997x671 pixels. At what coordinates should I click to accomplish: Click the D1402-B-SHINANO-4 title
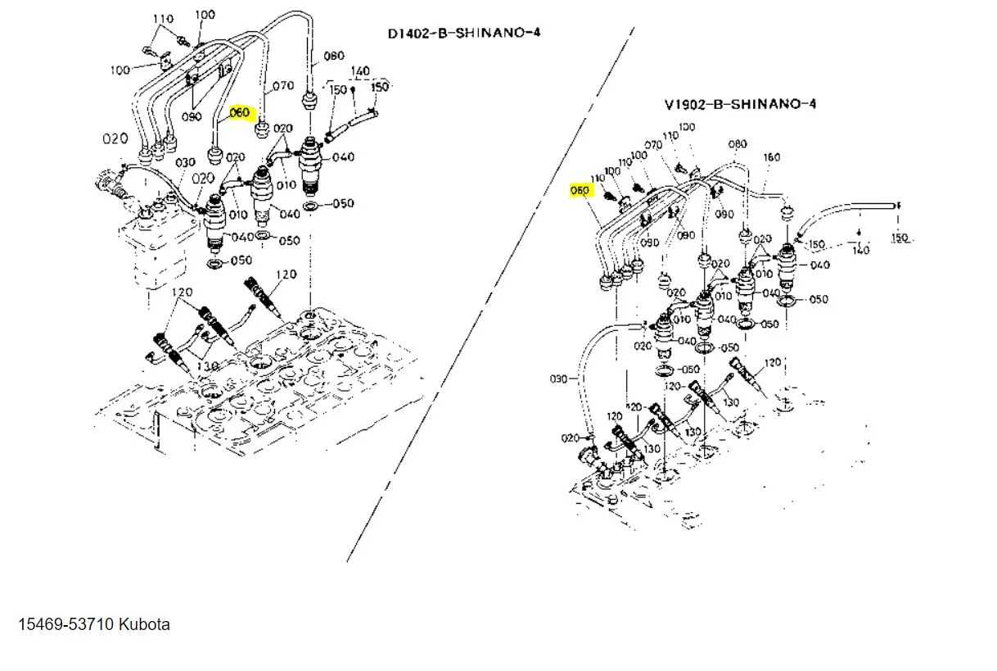click(464, 34)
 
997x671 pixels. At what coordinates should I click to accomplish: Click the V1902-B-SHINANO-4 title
click(740, 104)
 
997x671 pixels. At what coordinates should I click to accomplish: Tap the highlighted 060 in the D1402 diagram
click(239, 112)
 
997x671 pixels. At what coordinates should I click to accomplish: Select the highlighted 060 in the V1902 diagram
click(580, 190)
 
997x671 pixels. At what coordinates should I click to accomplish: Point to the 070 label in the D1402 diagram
click(282, 85)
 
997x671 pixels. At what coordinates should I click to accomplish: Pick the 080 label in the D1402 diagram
click(334, 56)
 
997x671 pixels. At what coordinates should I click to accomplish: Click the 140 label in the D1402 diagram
click(360, 71)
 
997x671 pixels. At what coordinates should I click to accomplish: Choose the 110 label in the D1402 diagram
click(163, 19)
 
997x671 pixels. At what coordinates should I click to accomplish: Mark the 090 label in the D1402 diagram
click(192, 117)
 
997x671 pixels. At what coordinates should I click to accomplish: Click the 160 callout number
click(771, 156)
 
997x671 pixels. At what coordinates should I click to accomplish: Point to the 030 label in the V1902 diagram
click(558, 379)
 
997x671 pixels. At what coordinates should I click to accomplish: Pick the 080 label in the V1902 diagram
click(738, 144)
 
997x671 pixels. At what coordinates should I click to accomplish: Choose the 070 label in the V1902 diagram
click(652, 145)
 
